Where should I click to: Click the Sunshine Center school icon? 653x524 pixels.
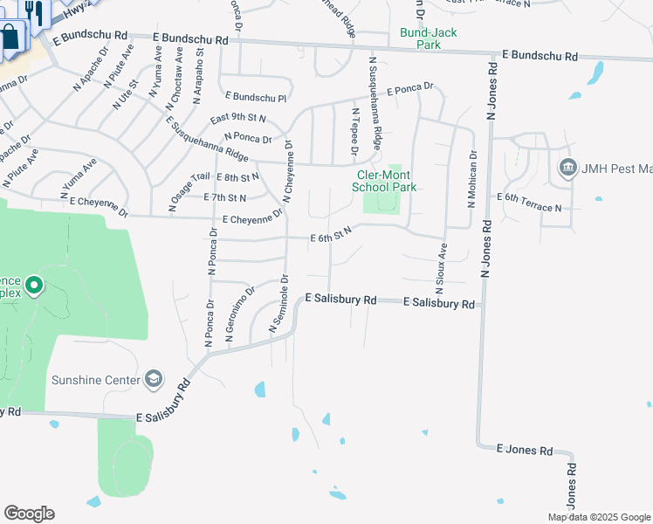coord(154,378)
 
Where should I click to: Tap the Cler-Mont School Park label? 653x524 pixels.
coord(381,181)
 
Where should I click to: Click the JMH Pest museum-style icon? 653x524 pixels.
coord(568,168)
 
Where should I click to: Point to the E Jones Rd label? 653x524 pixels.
coord(525,450)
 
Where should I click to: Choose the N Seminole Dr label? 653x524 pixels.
coord(278,304)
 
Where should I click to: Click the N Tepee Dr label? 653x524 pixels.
coord(355,131)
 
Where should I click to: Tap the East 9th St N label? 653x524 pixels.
coord(237,118)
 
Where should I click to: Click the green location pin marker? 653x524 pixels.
coord(34,285)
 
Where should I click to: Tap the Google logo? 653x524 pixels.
coord(29,514)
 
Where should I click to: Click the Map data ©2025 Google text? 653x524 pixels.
coord(598,517)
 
